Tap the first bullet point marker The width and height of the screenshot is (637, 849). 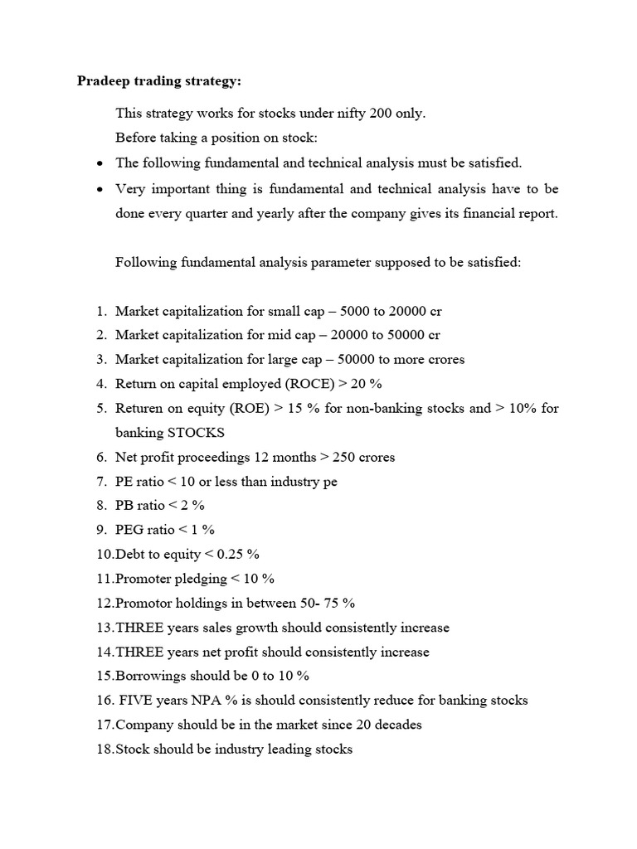pos(100,164)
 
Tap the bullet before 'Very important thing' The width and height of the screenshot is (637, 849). pos(100,190)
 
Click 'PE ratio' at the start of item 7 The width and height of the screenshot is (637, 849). pos(141,482)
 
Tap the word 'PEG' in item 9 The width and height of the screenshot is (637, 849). pos(130,530)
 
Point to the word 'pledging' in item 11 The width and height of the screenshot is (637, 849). pos(196,579)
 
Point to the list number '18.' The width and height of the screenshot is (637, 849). pos(104,750)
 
